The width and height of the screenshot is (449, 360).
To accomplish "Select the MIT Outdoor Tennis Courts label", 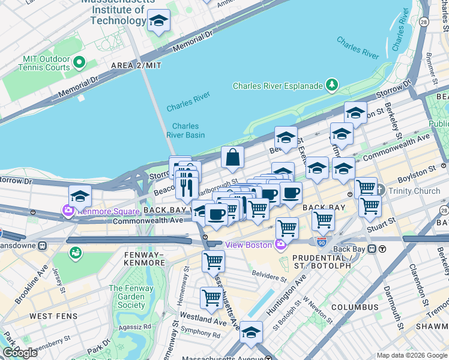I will (46, 63).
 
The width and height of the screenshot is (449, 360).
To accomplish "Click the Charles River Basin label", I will (185, 130).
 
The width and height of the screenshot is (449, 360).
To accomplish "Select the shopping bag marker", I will (232, 158).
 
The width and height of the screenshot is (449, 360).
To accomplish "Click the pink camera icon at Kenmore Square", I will (67, 211).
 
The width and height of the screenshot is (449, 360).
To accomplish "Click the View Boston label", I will (249, 244).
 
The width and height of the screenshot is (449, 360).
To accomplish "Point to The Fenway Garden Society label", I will (127, 296).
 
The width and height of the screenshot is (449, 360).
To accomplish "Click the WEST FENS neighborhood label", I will (50, 316).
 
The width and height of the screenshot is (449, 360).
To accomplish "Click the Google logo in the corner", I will (20, 352).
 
